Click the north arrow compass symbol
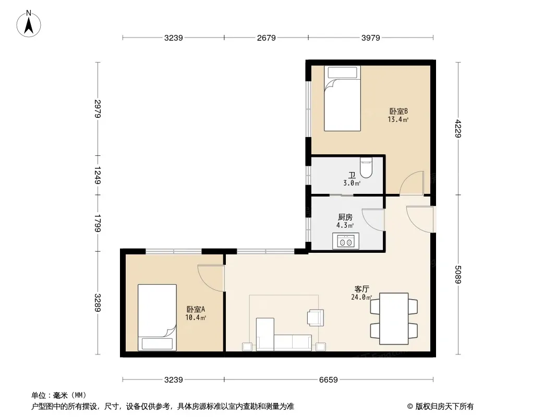29,24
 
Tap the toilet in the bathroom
366,167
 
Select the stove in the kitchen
346,241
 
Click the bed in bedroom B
342,99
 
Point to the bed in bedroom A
157,317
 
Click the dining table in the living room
394,318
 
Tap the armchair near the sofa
316,317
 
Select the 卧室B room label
398,111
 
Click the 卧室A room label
196,309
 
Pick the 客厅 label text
361,289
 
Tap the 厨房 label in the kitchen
345,217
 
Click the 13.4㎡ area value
398,119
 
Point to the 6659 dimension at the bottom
329,380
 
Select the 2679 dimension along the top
267,38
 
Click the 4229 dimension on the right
458,129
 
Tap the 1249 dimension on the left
98,175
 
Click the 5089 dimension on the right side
458,275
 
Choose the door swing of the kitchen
373,219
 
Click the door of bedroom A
211,278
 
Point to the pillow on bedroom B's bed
342,72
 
